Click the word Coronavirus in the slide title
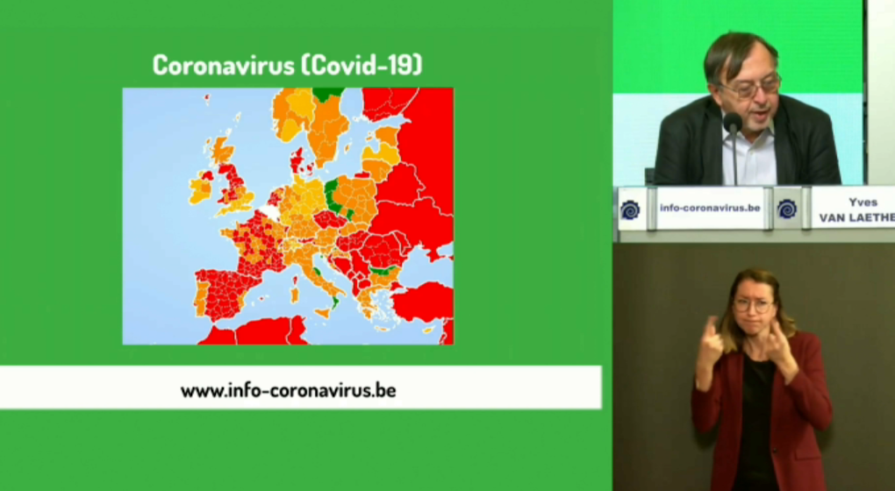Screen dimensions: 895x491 point(223,65)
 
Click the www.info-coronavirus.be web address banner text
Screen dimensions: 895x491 point(289,391)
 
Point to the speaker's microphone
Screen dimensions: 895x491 point(733,123)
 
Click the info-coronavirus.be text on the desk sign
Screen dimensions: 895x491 point(710,208)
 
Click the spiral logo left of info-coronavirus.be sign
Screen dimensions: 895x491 point(630,210)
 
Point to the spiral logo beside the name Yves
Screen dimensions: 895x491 point(786,210)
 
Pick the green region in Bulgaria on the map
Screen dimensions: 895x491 point(383,269)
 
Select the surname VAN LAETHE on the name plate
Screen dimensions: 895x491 point(857,217)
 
